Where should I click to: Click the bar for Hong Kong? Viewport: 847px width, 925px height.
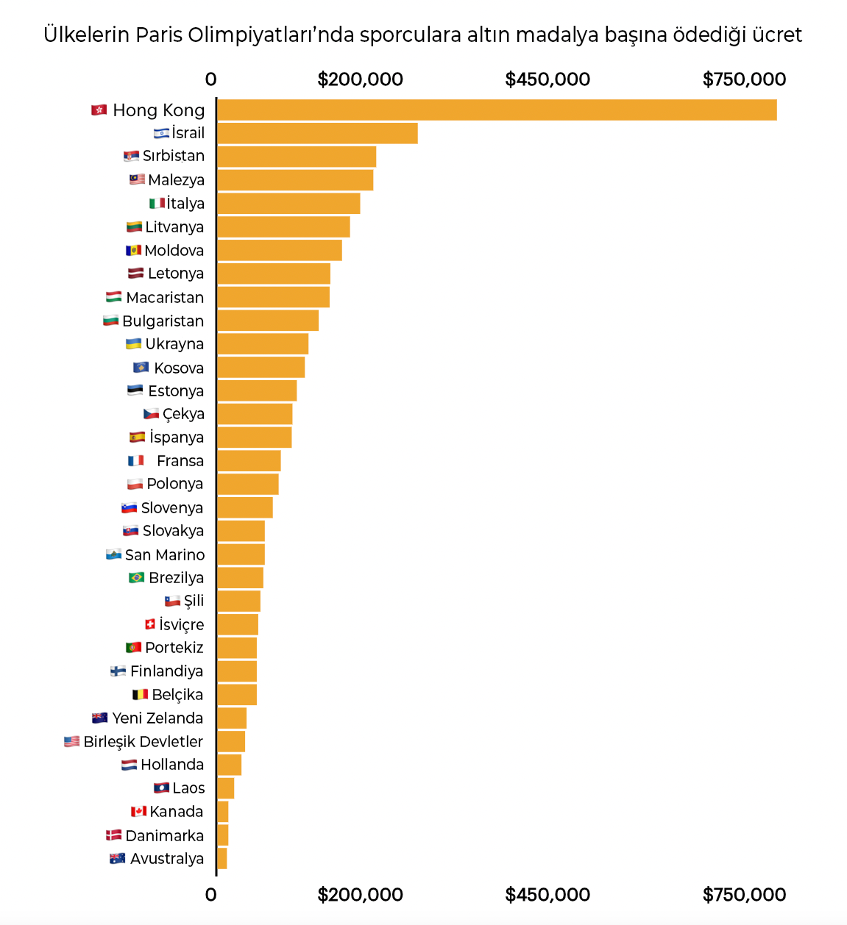(x=497, y=110)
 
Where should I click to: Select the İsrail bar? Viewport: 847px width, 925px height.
(x=317, y=133)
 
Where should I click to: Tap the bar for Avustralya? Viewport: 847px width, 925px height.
(x=222, y=858)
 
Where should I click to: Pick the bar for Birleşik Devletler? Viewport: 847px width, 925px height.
(x=231, y=741)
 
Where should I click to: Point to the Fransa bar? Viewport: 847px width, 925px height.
(x=249, y=461)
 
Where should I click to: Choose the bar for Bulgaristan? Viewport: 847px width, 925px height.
(x=268, y=321)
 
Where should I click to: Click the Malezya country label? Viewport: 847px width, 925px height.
(x=176, y=180)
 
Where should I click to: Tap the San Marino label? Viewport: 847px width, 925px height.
(x=165, y=555)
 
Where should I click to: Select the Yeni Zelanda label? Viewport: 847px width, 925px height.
(x=157, y=718)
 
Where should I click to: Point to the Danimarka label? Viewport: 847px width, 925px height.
(x=164, y=836)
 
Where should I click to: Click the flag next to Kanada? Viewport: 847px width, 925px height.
(x=138, y=812)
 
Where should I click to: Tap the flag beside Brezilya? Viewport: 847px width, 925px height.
(x=137, y=578)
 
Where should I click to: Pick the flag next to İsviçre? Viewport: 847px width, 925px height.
(x=150, y=624)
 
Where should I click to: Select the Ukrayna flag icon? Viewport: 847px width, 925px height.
(x=134, y=344)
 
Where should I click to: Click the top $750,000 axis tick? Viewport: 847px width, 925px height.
(x=744, y=79)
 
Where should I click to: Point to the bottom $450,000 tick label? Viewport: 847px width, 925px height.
(x=547, y=895)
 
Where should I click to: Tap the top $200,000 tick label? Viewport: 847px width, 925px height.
(x=360, y=79)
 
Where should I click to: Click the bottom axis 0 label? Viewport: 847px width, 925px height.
(x=211, y=895)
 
